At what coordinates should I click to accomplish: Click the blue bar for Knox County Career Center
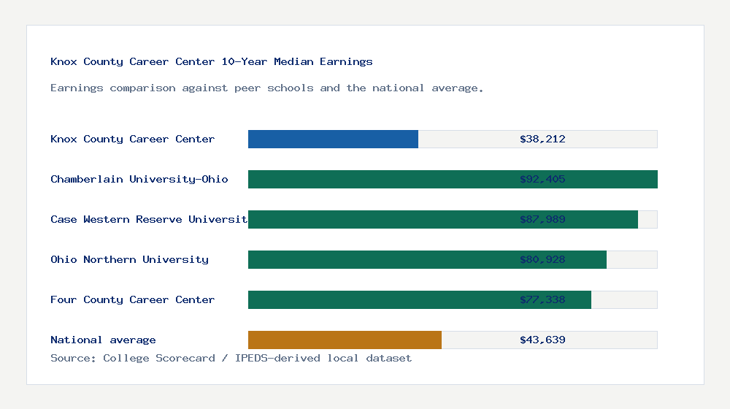(333, 139)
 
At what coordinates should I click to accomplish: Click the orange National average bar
(345, 340)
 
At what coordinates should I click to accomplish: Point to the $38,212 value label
(542, 139)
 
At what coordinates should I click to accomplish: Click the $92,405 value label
(542, 179)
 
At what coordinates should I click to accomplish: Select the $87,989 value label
(542, 219)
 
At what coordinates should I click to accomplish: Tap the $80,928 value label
(542, 259)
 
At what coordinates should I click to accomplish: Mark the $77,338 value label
(542, 299)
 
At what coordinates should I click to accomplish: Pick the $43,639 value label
(542, 340)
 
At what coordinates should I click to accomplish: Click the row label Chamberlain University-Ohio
(139, 179)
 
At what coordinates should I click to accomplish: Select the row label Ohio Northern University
(129, 259)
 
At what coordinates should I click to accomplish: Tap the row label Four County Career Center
(132, 299)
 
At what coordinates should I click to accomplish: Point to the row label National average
(103, 340)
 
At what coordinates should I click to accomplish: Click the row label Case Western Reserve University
(149, 219)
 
